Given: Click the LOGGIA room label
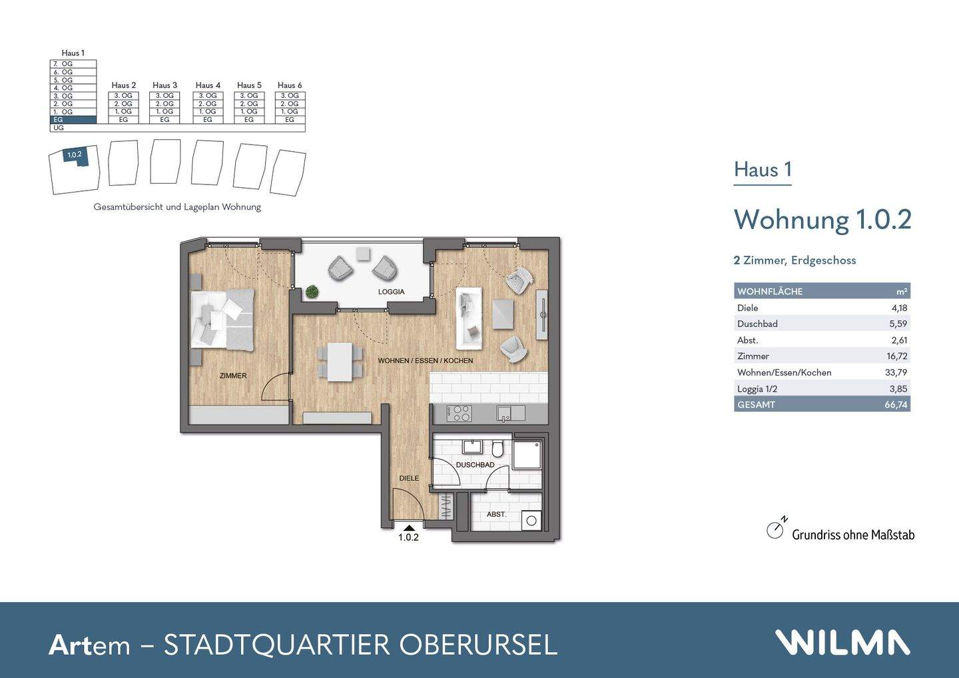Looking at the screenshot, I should click(391, 292).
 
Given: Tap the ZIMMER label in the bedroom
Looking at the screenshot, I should click(233, 376).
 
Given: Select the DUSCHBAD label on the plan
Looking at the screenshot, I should click(475, 465).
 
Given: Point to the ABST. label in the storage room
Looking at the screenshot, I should click(496, 514).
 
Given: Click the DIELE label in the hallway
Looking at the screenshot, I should click(409, 478).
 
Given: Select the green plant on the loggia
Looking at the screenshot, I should click(312, 291).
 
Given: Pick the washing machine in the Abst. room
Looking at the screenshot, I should click(531, 520).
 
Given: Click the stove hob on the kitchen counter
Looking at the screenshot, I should click(459, 414).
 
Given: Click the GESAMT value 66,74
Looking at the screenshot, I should click(896, 404).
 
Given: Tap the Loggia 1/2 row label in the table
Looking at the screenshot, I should click(757, 388).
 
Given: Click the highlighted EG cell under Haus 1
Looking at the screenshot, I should click(73, 120).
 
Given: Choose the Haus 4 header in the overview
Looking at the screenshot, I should click(208, 85).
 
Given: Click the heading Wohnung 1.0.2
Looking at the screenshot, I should click(822, 219).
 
